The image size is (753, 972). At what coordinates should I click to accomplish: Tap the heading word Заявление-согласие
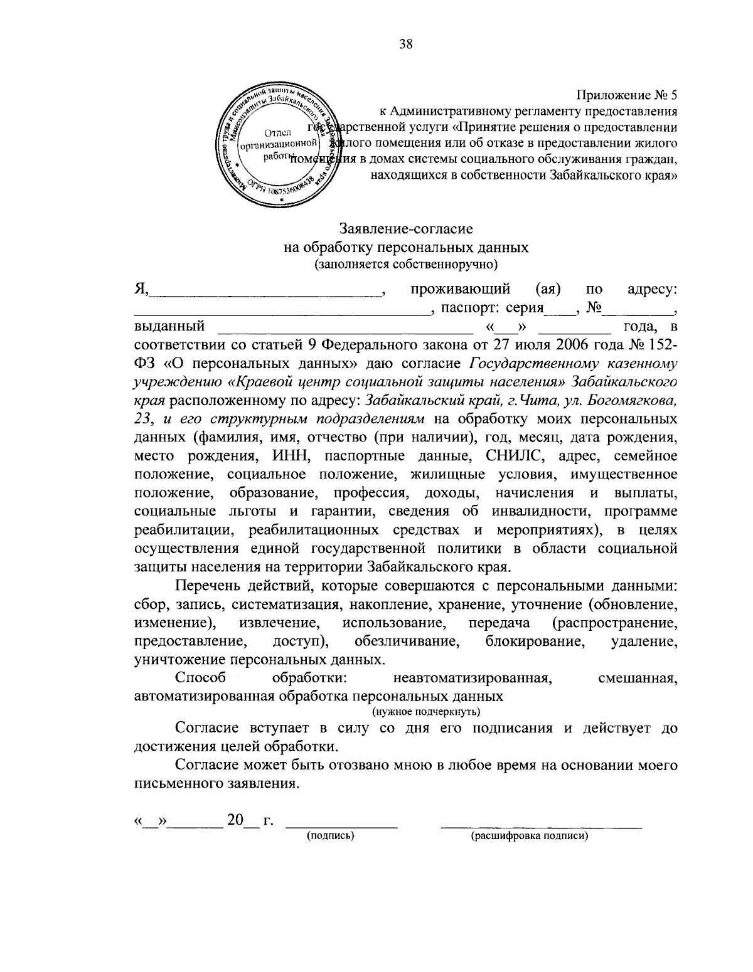(x=406, y=229)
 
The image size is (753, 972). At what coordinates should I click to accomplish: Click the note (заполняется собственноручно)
(x=406, y=264)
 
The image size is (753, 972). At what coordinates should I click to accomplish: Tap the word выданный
(x=169, y=326)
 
